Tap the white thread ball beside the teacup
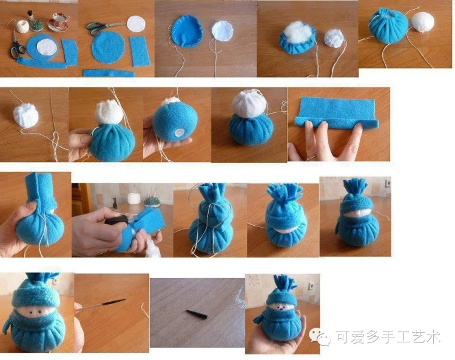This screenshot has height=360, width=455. [22, 26]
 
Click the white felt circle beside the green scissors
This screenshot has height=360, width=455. [136, 24]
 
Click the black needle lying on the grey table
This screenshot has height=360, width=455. [197, 314]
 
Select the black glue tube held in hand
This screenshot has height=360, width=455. [116, 221]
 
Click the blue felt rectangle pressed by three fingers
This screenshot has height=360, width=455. [337, 113]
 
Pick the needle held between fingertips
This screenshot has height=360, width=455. [101, 304]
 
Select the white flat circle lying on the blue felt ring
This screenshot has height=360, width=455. [47, 47]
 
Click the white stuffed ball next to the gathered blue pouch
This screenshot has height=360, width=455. [423, 22]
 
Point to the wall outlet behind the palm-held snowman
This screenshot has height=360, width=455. [311, 286]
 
